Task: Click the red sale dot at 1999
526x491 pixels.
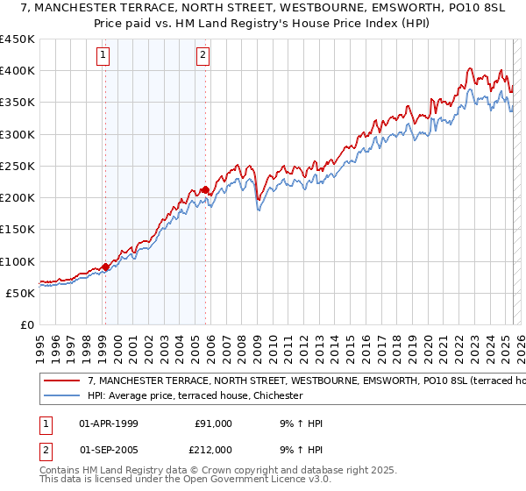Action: tap(105, 267)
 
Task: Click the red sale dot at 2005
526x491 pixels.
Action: tap(205, 189)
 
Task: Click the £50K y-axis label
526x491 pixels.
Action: tap(20, 293)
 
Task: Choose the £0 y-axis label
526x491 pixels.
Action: tap(26, 324)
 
